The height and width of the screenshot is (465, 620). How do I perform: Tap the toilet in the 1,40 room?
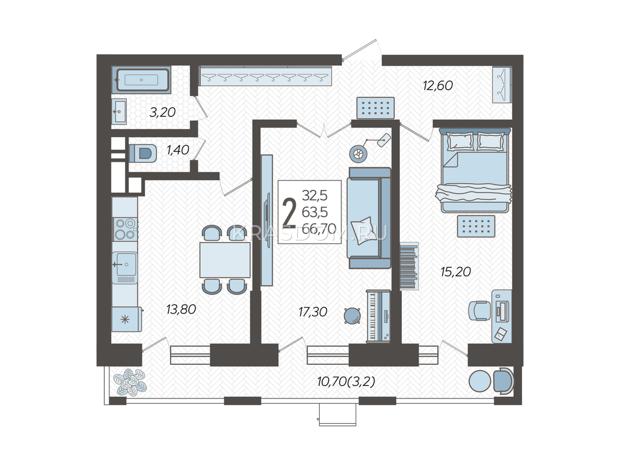(143, 153)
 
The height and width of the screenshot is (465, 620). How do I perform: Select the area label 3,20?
(162, 112)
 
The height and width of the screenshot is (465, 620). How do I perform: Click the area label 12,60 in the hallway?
(437, 86)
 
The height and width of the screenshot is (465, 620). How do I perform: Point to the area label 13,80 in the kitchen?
(181, 310)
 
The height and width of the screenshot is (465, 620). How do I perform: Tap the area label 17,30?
(313, 312)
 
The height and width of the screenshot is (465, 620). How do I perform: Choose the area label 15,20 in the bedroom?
(456, 272)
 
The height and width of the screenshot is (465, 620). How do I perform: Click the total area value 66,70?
(319, 229)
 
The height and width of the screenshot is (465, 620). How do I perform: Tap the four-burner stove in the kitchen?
(125, 229)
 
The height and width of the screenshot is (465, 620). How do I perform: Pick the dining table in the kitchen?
(225, 260)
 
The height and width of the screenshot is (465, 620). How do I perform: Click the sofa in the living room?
(369, 218)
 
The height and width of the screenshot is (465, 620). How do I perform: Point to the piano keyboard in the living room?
(378, 316)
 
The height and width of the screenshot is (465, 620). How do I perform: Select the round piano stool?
(352, 316)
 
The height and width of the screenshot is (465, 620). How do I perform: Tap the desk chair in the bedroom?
(480, 310)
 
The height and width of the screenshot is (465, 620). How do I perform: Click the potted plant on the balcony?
(130, 382)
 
